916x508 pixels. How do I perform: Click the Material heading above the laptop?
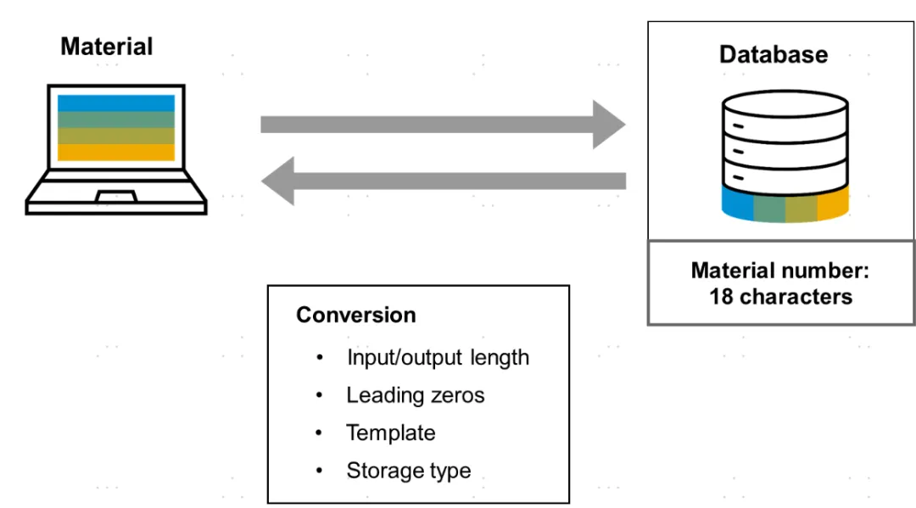(107, 47)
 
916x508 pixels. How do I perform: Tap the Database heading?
(774, 54)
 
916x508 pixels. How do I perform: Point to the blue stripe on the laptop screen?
(116, 103)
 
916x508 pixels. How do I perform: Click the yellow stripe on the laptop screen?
(116, 152)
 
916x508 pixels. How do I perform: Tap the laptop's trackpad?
(116, 196)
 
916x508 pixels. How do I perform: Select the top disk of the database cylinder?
(785, 104)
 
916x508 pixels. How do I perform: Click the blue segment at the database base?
(737, 203)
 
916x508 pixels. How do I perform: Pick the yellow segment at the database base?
(833, 203)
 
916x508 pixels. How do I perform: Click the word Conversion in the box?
(355, 315)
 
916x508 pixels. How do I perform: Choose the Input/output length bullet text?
(438, 357)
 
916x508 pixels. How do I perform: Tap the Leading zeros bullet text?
(416, 395)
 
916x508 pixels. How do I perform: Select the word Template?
(391, 433)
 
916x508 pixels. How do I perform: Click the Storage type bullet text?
(409, 471)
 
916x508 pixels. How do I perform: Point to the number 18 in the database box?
(721, 297)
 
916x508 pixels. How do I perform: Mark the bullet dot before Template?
(319, 433)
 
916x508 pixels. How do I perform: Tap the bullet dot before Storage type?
(319, 470)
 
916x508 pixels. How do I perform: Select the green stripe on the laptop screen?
(116, 120)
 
